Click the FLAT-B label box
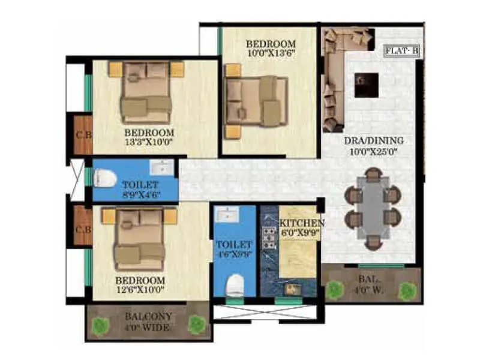point(403,52)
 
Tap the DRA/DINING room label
point(373,141)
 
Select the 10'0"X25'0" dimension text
point(373,151)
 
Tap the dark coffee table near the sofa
point(365,85)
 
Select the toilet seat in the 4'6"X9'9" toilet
point(236,283)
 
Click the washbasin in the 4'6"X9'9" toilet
point(228,214)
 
